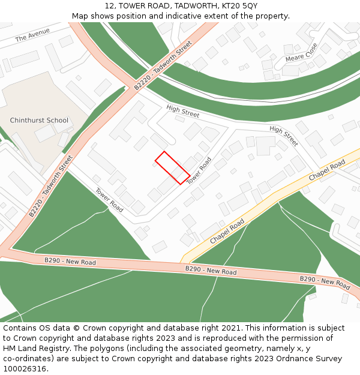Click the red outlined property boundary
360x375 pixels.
click(173, 167)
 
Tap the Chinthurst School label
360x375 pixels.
click(40, 121)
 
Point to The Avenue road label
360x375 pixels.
click(32, 37)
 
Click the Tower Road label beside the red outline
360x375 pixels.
click(199, 171)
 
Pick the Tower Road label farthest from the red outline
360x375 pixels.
click(109, 200)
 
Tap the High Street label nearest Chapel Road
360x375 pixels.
click(284, 136)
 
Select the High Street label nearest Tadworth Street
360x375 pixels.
click(183, 111)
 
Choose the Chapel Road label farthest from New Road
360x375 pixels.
click(327, 171)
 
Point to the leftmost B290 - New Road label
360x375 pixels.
click(70, 262)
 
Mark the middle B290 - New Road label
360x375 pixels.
click(211, 271)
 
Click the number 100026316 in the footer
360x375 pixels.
click(25, 368)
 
